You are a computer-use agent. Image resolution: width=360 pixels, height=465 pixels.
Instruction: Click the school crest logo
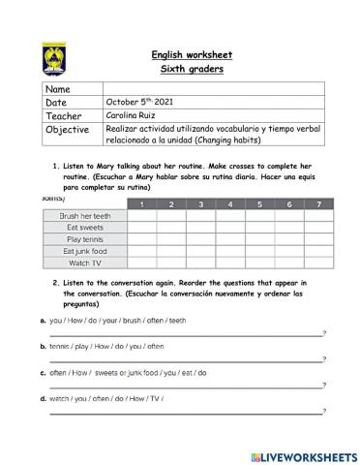(x=55, y=58)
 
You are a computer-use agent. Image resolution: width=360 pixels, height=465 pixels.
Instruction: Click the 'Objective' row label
(x=67, y=128)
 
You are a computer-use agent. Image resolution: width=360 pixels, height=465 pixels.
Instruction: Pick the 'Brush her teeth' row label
(x=85, y=216)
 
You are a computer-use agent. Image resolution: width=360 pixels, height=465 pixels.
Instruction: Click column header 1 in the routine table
(x=142, y=204)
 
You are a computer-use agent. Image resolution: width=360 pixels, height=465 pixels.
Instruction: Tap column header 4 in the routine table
(x=230, y=204)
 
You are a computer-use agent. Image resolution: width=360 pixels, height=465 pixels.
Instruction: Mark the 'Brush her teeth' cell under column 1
(x=142, y=216)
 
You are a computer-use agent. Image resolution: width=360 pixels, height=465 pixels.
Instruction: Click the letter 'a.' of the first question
(x=44, y=320)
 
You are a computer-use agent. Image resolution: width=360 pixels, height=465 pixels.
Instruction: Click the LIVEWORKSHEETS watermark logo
(x=302, y=454)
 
